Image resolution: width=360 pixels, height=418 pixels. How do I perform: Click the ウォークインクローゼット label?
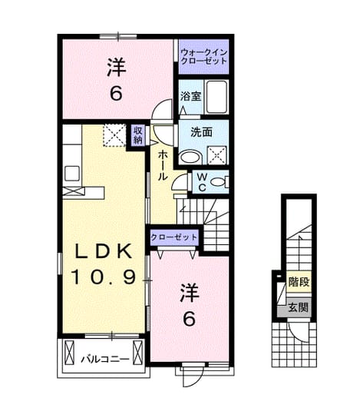click(x=203, y=57)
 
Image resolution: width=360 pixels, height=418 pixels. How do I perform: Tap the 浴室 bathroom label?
click(x=190, y=96)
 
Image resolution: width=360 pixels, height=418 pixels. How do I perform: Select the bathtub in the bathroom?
click(x=217, y=97)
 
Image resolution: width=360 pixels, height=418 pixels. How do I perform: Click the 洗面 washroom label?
click(x=201, y=132)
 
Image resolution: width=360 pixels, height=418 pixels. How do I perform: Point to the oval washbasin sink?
click(x=190, y=157)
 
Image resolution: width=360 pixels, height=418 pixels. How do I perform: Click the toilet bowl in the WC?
click(x=218, y=182)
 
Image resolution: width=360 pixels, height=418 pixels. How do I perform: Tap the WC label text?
click(x=203, y=182)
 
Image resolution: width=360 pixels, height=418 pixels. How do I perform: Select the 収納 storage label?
click(x=138, y=135)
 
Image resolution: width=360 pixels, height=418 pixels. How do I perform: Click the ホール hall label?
click(x=163, y=165)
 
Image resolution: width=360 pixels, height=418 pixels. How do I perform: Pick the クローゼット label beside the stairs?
click(x=174, y=237)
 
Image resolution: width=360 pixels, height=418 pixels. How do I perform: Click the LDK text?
click(x=104, y=251)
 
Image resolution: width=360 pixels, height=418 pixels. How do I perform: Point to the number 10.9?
click(x=104, y=277)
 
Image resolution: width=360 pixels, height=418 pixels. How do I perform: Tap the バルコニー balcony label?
click(x=105, y=360)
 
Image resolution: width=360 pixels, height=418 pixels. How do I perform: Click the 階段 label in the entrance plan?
click(x=299, y=282)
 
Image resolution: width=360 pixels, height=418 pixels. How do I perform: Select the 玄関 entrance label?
click(x=298, y=307)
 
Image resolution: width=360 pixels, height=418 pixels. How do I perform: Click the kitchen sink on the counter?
click(x=72, y=174)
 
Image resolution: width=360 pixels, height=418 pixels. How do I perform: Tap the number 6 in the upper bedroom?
click(x=116, y=93)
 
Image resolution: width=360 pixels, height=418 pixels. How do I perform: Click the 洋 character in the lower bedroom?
click(x=190, y=293)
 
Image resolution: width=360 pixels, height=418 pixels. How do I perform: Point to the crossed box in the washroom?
click(x=216, y=154)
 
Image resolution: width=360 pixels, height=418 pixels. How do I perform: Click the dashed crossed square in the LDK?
click(x=114, y=135)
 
